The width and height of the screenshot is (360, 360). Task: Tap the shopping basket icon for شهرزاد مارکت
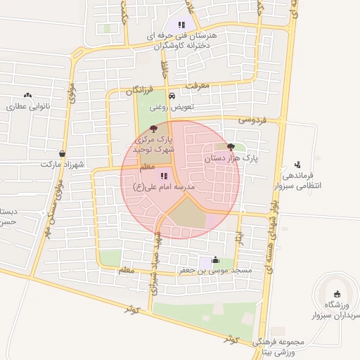(63, 153)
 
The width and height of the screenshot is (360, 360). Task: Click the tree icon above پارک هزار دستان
(231, 147)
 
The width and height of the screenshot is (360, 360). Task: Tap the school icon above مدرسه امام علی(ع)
(163, 176)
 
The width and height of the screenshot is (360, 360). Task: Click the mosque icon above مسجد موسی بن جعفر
(214, 259)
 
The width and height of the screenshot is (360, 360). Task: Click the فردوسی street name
(253, 120)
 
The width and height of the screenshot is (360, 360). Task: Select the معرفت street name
(198, 85)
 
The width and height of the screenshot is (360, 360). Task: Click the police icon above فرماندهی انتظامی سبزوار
(298, 165)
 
